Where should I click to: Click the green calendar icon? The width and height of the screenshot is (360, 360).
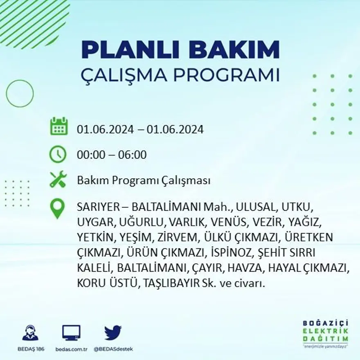pyautogui.click(x=59, y=126)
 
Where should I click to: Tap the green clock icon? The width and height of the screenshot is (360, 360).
pyautogui.click(x=58, y=154)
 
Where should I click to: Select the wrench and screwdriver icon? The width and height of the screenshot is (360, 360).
pyautogui.click(x=58, y=179)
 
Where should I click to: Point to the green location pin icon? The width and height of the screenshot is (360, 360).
pyautogui.click(x=57, y=208)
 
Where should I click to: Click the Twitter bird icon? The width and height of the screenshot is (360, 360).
pyautogui.click(x=112, y=333)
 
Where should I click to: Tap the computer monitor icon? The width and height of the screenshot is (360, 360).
pyautogui.click(x=71, y=333)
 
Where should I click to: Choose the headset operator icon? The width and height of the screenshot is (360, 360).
pyautogui.click(x=30, y=333)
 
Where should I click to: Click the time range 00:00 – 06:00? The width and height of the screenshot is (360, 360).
pyautogui.click(x=112, y=155)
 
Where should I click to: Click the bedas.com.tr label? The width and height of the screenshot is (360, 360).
pyautogui.click(x=71, y=349)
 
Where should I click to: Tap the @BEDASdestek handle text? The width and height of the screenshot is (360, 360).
pyautogui.click(x=112, y=349)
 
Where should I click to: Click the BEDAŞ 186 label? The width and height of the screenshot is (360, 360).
pyautogui.click(x=31, y=349)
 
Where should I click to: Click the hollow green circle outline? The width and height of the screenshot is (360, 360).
pyautogui.click(x=20, y=94)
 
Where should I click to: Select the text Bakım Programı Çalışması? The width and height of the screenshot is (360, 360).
pyautogui.click(x=144, y=180)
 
